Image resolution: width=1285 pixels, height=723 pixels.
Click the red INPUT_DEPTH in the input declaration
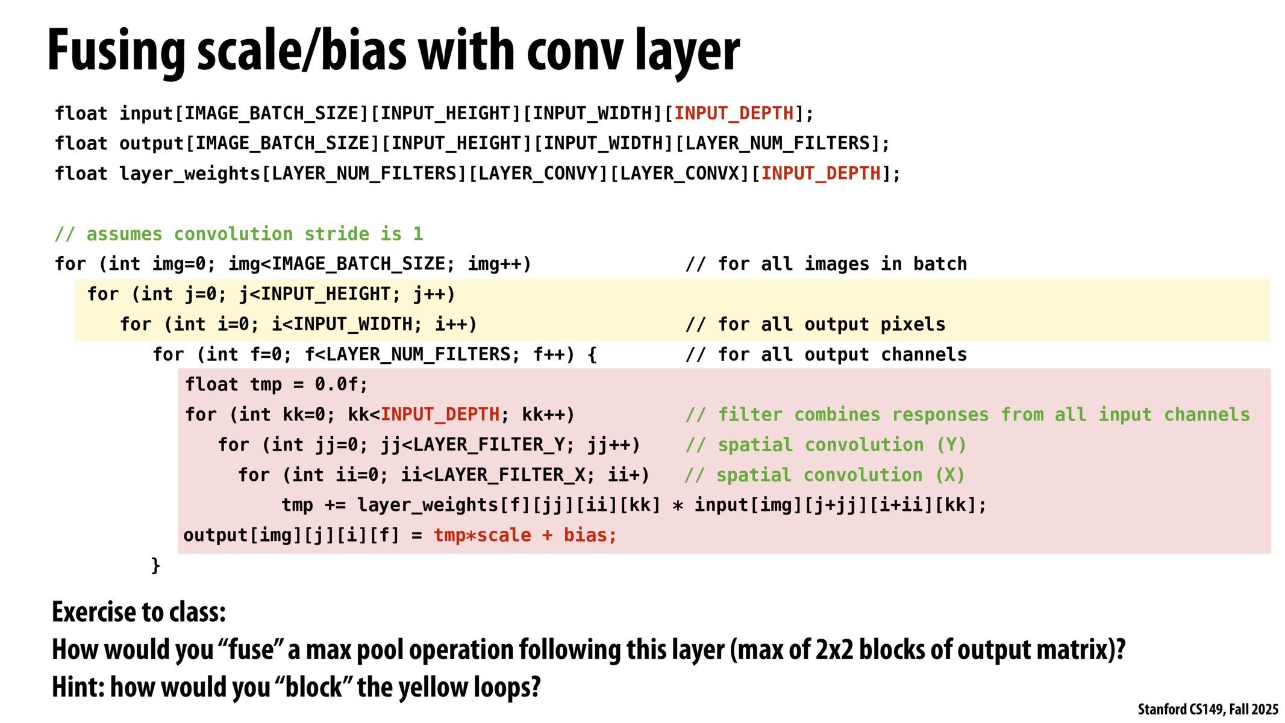coord(734,113)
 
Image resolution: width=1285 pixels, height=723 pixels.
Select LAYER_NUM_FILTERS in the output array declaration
coord(778,143)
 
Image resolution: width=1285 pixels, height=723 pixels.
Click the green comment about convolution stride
coord(239,234)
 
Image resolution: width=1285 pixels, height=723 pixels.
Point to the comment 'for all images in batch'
coord(826,264)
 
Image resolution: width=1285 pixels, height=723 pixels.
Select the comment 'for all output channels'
coord(826,354)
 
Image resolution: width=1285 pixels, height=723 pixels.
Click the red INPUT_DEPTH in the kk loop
coord(440,415)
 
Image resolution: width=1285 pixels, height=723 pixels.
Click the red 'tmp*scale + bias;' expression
coord(525,535)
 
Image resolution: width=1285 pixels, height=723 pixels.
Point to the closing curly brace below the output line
coord(155,565)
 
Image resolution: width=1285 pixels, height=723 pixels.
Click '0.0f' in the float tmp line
coord(340,384)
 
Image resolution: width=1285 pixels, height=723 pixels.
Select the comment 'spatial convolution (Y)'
coord(826,445)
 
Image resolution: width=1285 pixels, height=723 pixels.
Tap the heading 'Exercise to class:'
coord(139,612)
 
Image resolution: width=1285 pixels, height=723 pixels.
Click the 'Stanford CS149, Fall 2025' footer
coord(1207,709)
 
